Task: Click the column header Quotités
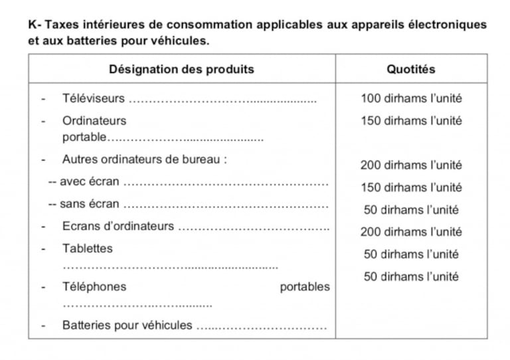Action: pyautogui.click(x=411, y=69)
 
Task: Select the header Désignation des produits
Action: pyautogui.click(x=181, y=69)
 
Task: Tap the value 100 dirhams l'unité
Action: pyautogui.click(x=411, y=99)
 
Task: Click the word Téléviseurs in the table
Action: pyautogui.click(x=93, y=99)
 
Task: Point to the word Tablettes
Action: pyautogui.click(x=88, y=248)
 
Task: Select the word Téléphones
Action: pyautogui.click(x=94, y=287)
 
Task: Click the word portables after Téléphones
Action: pyautogui.click(x=304, y=287)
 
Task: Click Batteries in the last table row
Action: pyautogui.click(x=86, y=325)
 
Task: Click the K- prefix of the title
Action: pyautogui.click(x=34, y=25)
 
